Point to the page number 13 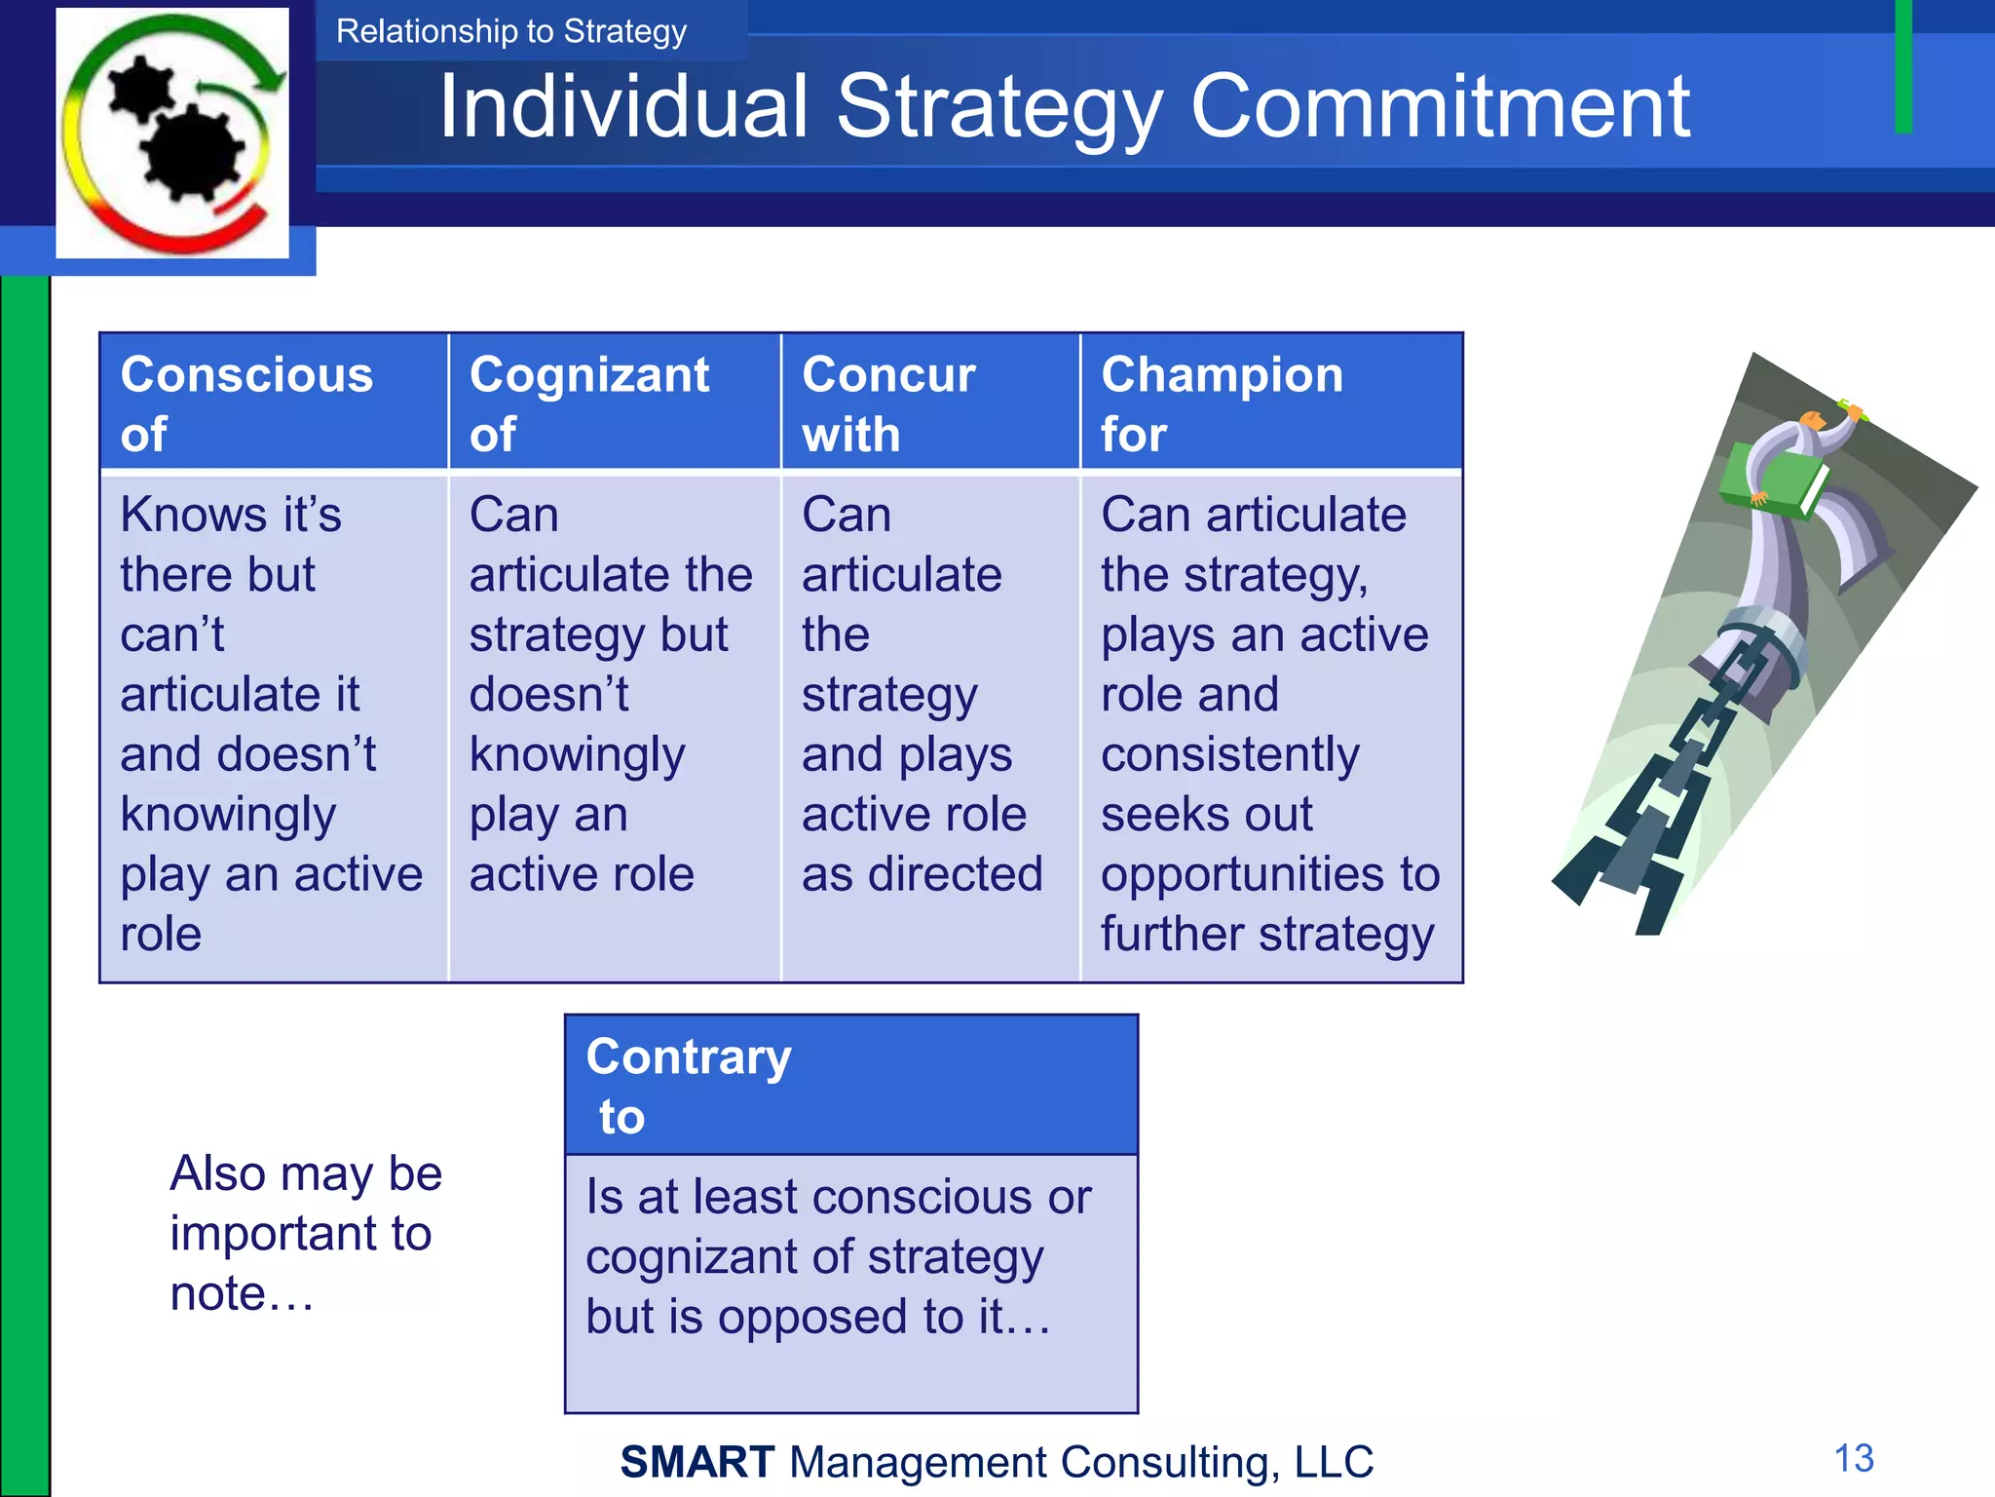1853,1458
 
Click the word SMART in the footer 697,1462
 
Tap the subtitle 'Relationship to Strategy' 511,31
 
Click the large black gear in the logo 192,153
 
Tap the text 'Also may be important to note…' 305,1233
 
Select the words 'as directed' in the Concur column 922,874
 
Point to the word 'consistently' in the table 1229,755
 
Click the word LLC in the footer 1334,1462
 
